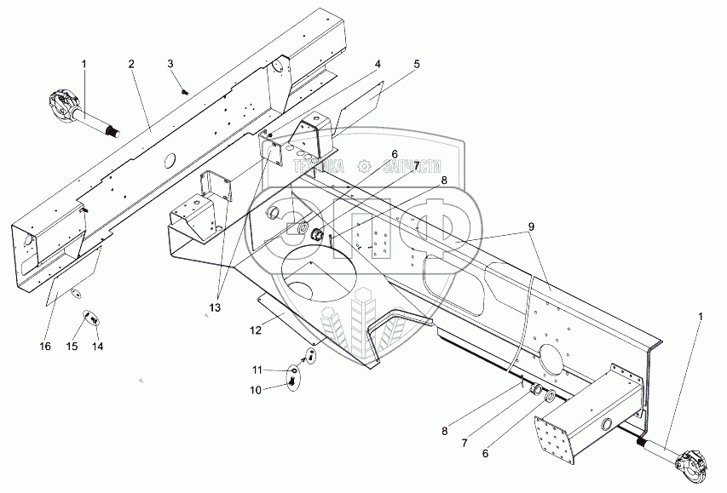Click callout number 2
click(131, 64)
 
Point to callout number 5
click(416, 64)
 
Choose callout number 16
click(45, 347)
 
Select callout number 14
click(97, 347)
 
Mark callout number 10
click(255, 389)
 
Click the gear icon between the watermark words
click(365, 166)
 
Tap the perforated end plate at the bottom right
click(558, 435)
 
